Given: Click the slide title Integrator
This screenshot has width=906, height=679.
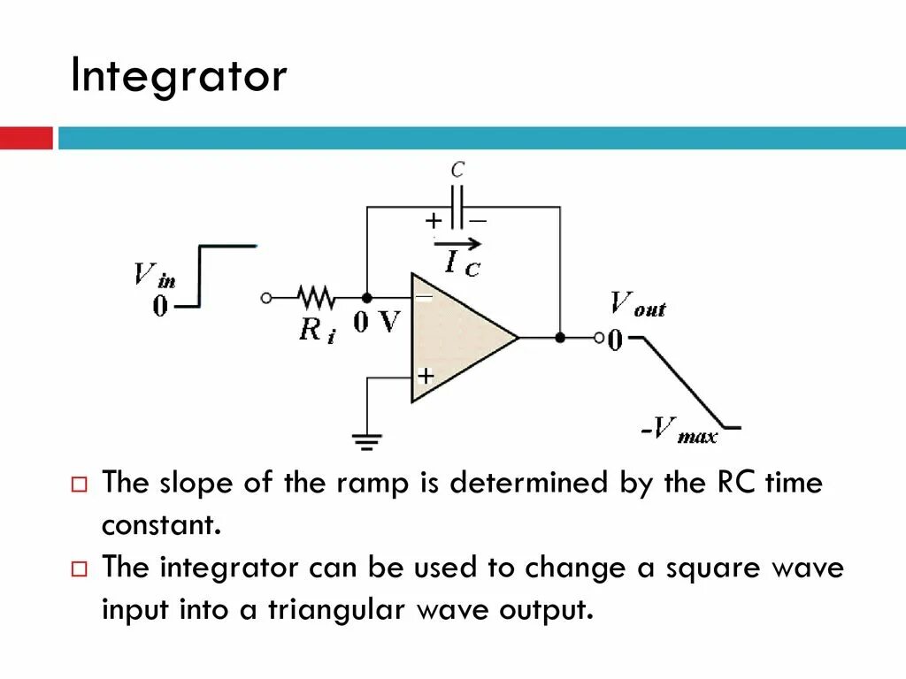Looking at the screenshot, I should (179, 77).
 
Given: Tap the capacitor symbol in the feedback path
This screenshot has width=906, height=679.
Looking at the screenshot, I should (457, 207).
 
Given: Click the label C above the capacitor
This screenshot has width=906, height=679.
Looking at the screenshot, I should (457, 169).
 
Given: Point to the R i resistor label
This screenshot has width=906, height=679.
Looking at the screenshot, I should (317, 330).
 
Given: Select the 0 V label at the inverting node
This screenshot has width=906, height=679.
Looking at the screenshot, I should (377, 323).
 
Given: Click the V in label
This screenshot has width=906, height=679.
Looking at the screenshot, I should (154, 276).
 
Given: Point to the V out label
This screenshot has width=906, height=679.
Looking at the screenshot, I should (637, 305).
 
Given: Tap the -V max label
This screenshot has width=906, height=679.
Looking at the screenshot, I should (679, 432).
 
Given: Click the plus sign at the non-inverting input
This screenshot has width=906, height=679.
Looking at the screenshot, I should (426, 376).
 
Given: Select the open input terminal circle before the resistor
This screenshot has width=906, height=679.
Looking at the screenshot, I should (266, 298).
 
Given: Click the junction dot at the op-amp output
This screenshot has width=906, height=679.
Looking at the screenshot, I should (560, 337).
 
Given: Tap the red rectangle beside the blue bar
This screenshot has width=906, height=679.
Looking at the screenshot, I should (27, 138).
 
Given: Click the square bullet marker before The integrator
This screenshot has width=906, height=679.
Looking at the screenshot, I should (79, 568).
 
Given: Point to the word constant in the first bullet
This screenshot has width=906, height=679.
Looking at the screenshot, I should (159, 525).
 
